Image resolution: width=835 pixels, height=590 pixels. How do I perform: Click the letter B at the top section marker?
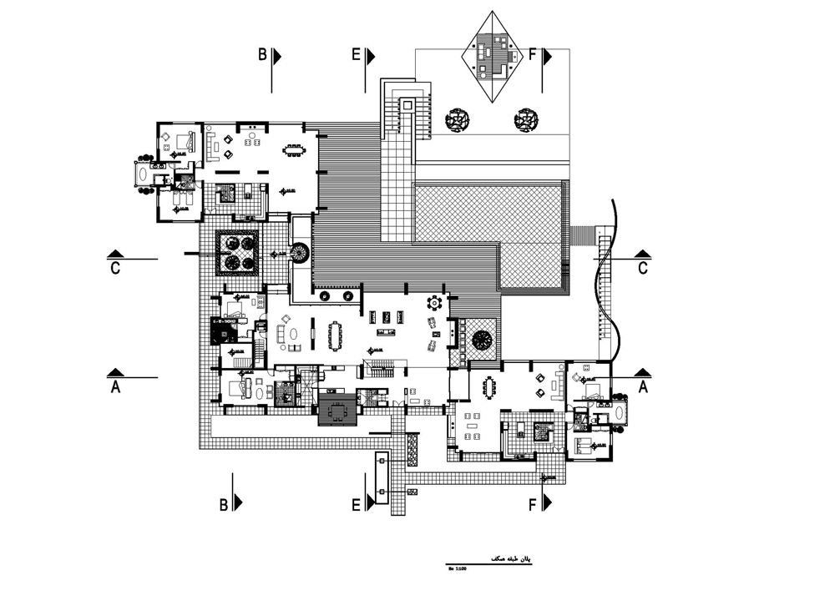[x=262, y=55]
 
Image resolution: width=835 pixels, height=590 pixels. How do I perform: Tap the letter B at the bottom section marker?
[x=224, y=505]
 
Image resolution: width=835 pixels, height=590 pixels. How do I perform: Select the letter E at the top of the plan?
[x=356, y=55]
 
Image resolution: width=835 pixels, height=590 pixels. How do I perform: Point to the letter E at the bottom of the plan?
[x=356, y=505]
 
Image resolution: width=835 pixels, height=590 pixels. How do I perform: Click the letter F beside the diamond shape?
[x=533, y=55]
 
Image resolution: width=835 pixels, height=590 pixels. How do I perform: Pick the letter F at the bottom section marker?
[x=533, y=505]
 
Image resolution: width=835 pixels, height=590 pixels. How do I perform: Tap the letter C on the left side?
[x=115, y=268]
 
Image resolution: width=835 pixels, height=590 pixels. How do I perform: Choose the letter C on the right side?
[x=642, y=268]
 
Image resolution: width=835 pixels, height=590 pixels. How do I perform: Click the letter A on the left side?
[x=115, y=387]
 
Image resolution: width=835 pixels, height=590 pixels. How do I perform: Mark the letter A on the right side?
[x=643, y=387]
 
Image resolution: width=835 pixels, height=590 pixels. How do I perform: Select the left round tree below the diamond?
[x=457, y=120]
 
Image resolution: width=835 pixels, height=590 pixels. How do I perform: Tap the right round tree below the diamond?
[x=525, y=120]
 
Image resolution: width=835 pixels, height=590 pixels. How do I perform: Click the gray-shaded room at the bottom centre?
[x=337, y=411]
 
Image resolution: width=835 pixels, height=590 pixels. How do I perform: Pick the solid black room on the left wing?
[x=225, y=331]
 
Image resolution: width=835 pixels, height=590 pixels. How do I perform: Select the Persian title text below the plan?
[x=507, y=558]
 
